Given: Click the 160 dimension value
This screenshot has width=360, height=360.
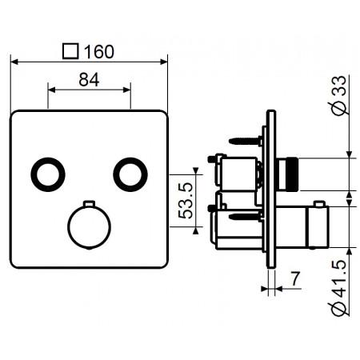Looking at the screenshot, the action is (99, 51).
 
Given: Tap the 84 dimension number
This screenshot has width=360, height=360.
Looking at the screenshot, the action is (89, 79).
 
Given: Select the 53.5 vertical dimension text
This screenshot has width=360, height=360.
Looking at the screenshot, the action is (186, 201).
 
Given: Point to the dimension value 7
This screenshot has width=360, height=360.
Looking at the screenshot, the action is (295, 278).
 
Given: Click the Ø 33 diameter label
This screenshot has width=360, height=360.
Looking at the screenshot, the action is (339, 96).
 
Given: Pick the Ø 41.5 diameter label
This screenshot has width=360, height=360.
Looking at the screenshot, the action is (339, 288).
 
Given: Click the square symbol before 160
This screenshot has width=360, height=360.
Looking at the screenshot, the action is (70, 51).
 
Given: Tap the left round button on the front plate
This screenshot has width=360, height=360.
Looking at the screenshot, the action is (48, 174).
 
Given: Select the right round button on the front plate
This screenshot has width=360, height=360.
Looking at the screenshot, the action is (130, 174).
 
